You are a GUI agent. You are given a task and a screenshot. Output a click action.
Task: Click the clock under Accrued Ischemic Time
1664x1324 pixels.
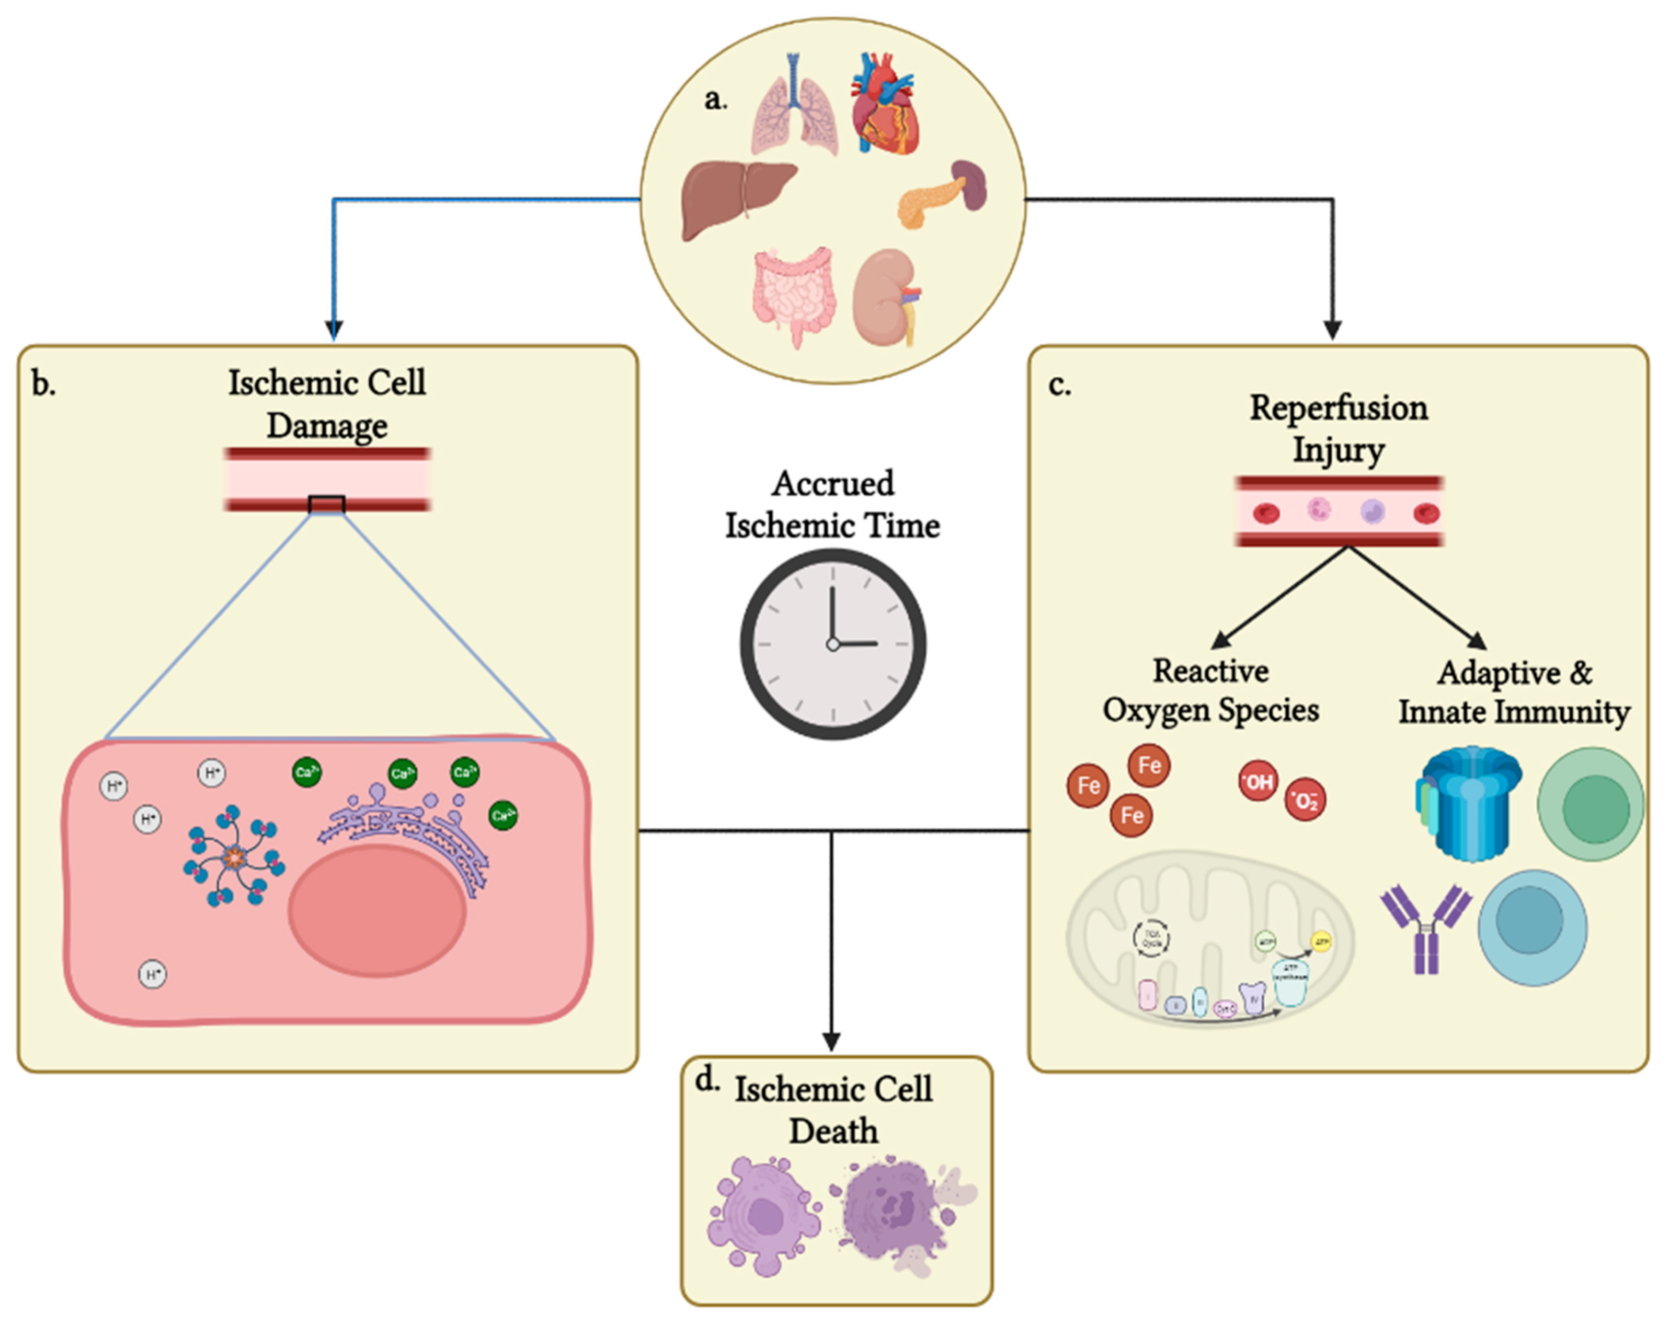point(833,644)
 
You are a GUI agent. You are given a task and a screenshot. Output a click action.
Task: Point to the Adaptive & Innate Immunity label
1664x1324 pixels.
point(1514,692)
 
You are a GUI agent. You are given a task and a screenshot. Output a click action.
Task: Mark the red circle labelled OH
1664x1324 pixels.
point(1258,782)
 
